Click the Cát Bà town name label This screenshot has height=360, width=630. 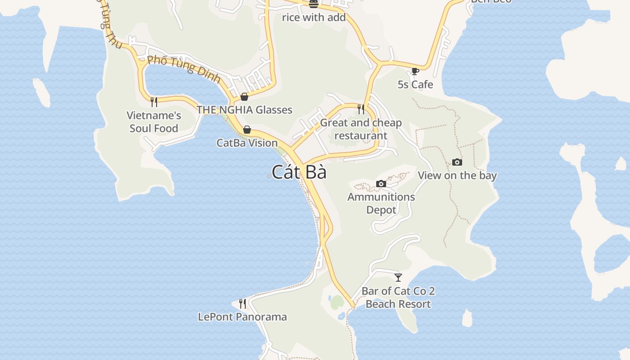(x=299, y=172)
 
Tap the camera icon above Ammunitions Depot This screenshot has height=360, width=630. (x=381, y=184)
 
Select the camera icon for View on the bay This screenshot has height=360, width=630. (x=457, y=162)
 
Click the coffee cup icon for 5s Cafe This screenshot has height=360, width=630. (x=415, y=71)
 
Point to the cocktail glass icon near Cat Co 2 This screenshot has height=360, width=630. (x=398, y=277)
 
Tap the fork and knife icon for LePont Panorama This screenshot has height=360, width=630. (x=243, y=304)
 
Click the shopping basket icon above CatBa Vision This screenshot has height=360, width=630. (x=247, y=130)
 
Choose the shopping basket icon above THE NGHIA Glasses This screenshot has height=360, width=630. (x=244, y=96)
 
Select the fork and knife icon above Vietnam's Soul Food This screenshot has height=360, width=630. (x=154, y=102)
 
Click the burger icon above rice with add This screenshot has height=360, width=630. (x=314, y=4)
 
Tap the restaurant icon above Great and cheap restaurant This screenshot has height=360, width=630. (x=361, y=109)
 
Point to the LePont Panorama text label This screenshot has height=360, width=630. (x=243, y=317)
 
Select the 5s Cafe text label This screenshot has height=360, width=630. (x=415, y=85)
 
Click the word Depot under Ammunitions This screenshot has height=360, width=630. (x=381, y=210)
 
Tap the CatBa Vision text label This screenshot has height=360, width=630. (x=247, y=143)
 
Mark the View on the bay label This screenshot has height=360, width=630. (x=457, y=175)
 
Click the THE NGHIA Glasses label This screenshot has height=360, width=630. (x=244, y=110)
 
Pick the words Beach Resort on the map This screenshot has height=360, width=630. (x=398, y=304)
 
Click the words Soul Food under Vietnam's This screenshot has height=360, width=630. (x=154, y=128)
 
